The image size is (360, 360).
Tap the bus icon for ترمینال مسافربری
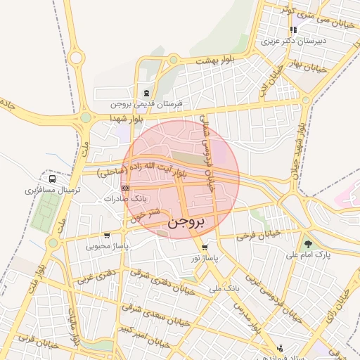coord(53,179)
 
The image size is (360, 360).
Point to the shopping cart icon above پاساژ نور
coord(204,247)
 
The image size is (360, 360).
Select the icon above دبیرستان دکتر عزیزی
coord(292,30)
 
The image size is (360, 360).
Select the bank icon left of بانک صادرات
coord(125,188)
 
